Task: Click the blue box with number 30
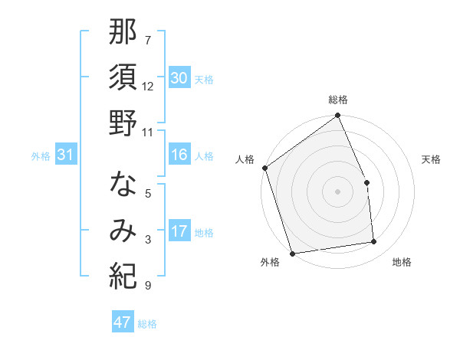179,78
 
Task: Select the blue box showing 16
179,155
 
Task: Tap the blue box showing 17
179,231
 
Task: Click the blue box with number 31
65,155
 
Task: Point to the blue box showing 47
122,322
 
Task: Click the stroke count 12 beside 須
148,86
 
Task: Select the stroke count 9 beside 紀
147,286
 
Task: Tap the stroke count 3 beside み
147,240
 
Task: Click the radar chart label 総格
337,100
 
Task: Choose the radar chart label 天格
431,159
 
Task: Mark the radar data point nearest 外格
292,253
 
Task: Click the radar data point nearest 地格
374,242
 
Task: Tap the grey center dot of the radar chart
337,191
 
